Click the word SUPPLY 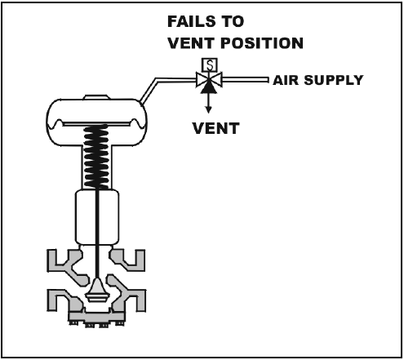334,80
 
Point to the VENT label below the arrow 215,128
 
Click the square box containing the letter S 210,64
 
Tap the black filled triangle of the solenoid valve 209,87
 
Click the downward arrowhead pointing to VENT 209,109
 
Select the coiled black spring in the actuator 96,157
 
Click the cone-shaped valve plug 97,290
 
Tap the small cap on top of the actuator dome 96,97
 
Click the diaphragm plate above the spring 96,124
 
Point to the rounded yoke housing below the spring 97,217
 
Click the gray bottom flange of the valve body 96,318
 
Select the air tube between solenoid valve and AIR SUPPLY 245,80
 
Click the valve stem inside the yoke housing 97,217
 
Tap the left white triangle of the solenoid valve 202,80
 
